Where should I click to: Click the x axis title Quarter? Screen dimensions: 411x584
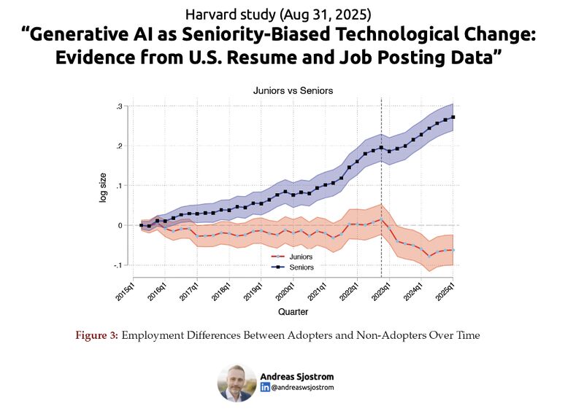(x=293, y=311)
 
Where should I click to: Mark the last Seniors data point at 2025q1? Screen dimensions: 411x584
(x=454, y=117)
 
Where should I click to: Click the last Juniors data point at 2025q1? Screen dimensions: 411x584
(x=454, y=250)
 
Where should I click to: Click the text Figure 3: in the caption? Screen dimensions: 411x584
(x=97, y=335)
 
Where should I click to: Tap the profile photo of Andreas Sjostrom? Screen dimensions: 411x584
(x=237, y=383)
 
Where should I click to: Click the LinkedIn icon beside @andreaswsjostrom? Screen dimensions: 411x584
(x=265, y=388)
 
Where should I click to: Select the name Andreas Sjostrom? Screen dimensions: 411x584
(x=296, y=376)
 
